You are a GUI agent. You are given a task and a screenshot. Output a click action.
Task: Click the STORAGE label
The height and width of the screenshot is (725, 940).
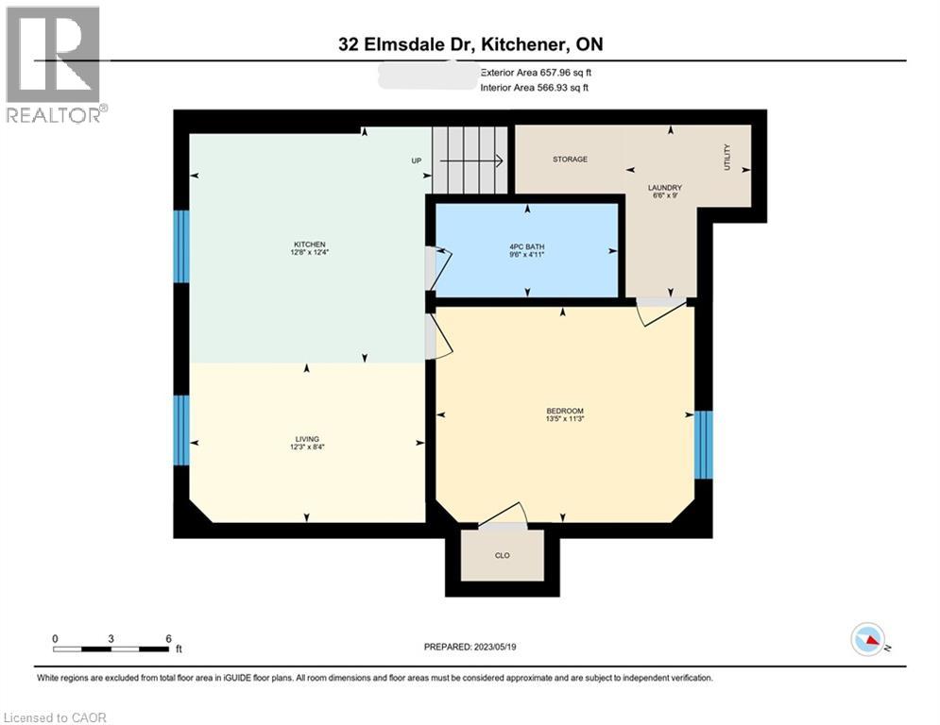(x=570, y=160)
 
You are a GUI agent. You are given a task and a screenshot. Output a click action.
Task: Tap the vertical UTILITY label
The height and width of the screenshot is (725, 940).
(x=727, y=156)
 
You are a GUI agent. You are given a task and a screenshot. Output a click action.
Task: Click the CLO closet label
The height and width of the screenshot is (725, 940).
(x=503, y=556)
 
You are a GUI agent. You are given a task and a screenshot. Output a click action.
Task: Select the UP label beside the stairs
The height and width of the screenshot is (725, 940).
(x=416, y=160)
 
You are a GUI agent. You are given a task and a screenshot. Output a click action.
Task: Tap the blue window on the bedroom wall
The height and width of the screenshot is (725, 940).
(x=703, y=445)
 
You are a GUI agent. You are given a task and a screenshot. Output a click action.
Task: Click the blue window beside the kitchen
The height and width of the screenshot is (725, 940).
(x=181, y=246)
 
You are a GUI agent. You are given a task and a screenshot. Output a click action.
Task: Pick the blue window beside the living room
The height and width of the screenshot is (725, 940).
(x=181, y=430)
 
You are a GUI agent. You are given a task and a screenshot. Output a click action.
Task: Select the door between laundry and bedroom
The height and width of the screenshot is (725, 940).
(x=661, y=311)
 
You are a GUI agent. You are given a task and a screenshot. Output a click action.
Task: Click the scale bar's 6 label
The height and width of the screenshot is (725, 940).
(x=168, y=639)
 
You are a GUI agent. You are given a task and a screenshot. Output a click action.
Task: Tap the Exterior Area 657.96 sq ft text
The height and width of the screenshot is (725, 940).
(x=537, y=72)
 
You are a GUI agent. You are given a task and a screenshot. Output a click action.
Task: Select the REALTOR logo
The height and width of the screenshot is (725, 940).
(x=55, y=64)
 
